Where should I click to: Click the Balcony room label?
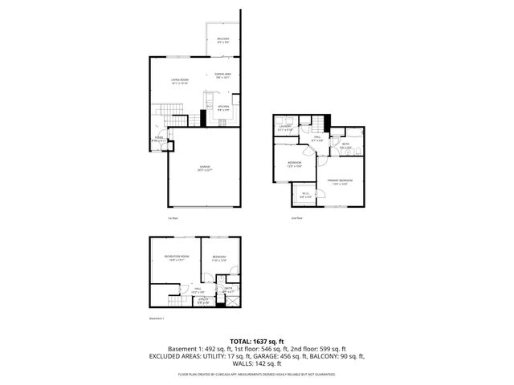[222, 40]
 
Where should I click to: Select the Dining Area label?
[222, 75]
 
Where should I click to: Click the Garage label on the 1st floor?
[204, 168]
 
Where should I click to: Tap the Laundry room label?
[284, 127]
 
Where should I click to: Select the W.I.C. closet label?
[305, 194]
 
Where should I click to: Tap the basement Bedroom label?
[220, 258]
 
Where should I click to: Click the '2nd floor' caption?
[296, 217]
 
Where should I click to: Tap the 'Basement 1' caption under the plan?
[157, 319]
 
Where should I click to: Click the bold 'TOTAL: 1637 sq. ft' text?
[256, 341]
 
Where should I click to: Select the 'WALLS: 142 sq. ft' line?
[256, 363]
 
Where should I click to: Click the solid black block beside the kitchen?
[203, 117]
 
